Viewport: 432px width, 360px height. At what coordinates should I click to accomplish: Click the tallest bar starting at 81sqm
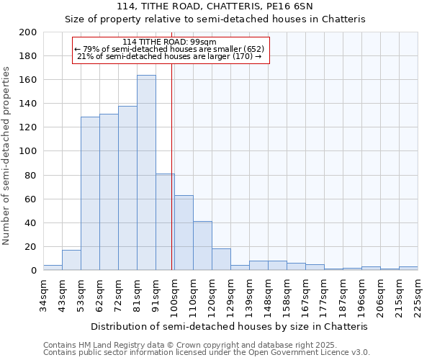point(146,173)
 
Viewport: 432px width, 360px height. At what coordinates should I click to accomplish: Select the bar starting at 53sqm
point(90,194)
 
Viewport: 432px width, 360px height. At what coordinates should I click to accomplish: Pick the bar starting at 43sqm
point(71,260)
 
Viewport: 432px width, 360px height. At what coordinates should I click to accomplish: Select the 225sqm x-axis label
point(418,296)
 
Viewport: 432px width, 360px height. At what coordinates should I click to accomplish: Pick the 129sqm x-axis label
point(230,296)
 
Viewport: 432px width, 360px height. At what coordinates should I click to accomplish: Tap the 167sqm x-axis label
point(305,296)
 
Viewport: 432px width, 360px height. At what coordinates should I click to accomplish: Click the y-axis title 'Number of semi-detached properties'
point(7,156)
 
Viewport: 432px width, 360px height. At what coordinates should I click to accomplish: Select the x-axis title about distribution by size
point(230,326)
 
